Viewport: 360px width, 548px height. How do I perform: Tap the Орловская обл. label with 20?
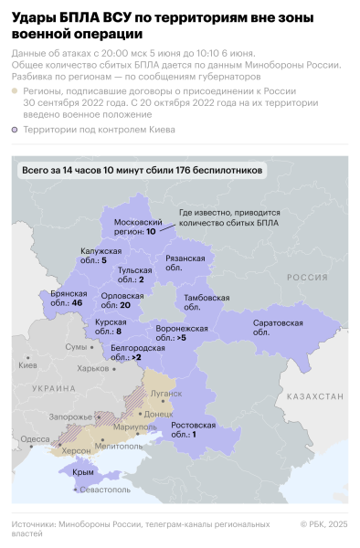[x=122, y=300]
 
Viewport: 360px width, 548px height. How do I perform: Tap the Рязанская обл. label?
[x=186, y=263]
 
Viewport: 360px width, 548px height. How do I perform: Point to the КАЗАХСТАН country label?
[x=312, y=397]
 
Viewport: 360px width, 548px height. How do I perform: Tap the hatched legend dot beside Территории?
[x=15, y=131]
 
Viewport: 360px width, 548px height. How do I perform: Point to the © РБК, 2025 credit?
[x=324, y=524]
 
